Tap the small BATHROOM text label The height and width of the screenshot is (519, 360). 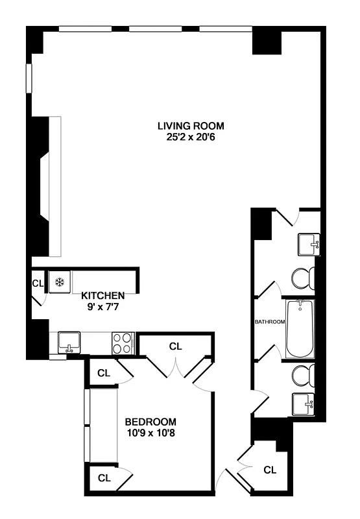point(269,322)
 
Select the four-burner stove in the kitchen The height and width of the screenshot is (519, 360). point(122,343)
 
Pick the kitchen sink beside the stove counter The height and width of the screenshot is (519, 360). point(68,341)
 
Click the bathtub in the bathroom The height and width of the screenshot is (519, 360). point(299,328)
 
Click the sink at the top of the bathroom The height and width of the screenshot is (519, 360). point(307,245)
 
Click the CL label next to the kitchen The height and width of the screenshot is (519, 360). point(38,284)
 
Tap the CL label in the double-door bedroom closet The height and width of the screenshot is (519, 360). point(175,346)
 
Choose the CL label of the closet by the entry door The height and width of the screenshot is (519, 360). point(270,469)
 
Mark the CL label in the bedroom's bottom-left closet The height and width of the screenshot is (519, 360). point(103,478)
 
